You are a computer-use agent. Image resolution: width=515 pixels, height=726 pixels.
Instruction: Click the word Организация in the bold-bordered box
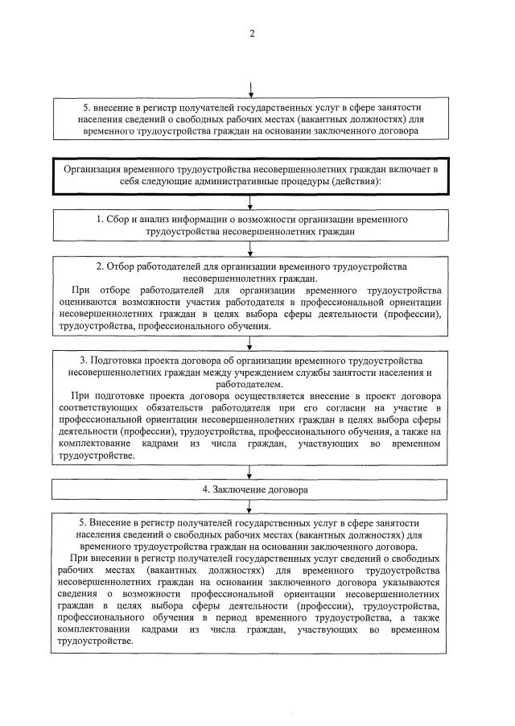[97, 170]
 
